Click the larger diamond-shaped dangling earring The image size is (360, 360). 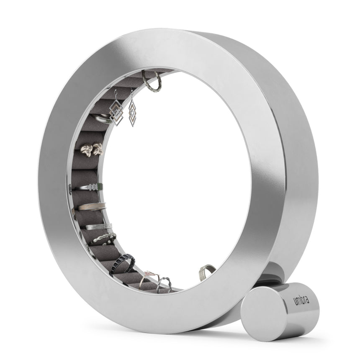[116, 111]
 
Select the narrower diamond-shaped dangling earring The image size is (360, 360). [132, 110]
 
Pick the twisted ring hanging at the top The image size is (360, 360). [151, 82]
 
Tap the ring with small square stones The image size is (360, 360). [89, 187]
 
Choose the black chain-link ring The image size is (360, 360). [122, 264]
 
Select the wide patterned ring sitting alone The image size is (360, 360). [207, 270]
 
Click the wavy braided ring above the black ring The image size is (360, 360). [105, 239]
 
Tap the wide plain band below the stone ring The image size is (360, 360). [90, 206]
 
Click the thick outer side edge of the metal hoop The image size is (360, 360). [293, 167]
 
